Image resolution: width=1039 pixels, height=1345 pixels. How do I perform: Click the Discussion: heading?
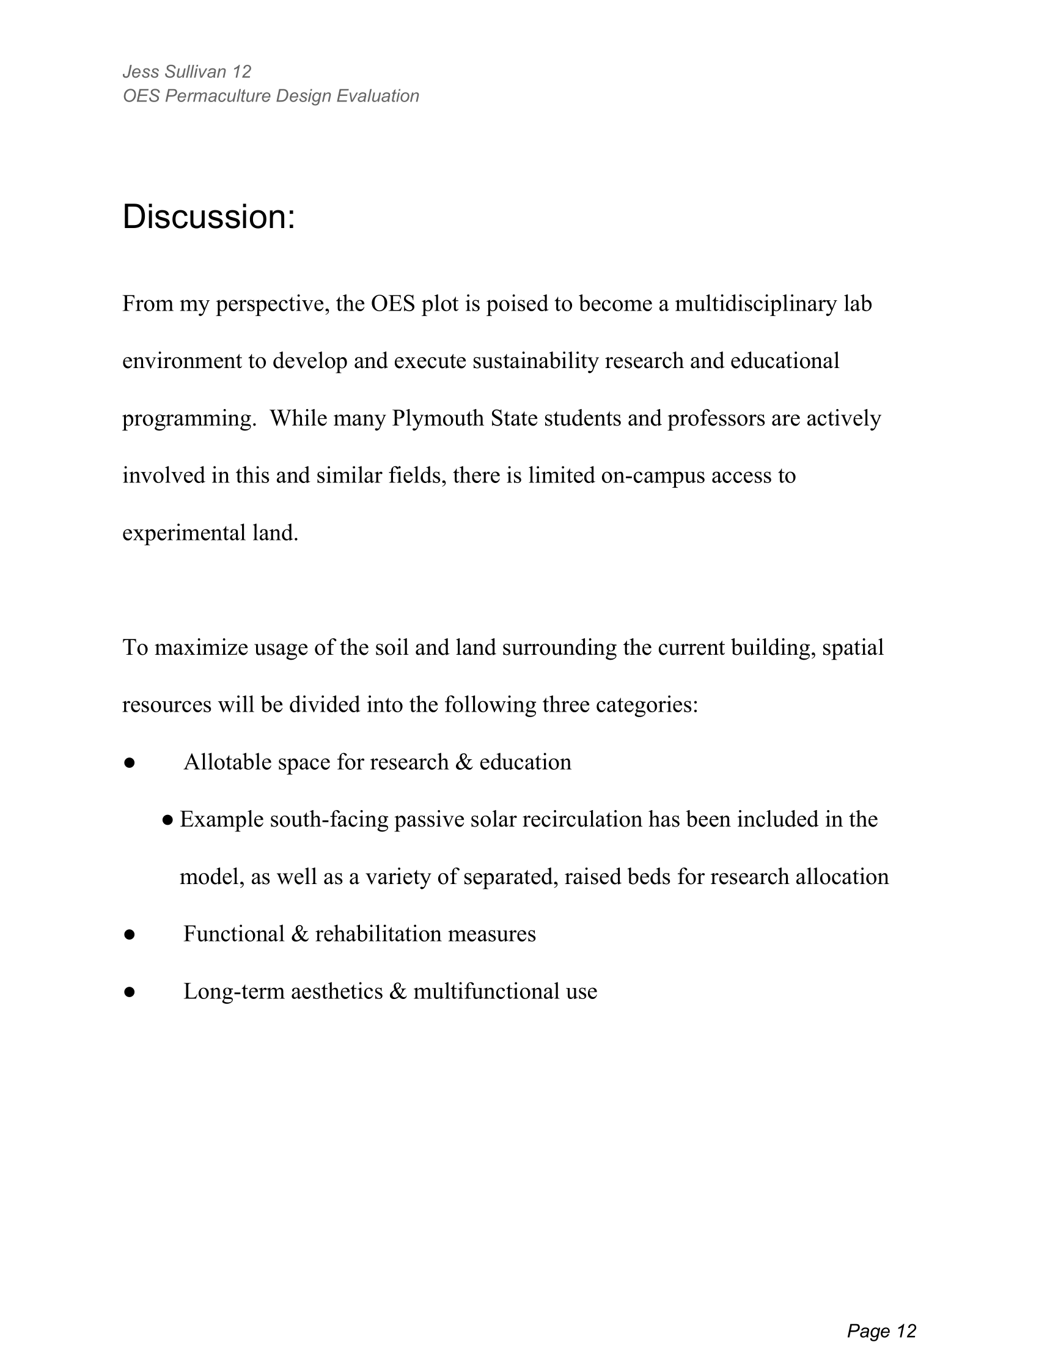208,218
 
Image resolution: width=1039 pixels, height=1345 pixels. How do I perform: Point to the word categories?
646,705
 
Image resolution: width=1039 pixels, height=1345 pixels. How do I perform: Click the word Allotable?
227,762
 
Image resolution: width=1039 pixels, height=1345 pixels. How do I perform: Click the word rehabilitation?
378,934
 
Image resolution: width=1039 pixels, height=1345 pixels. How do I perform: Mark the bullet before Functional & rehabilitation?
129,935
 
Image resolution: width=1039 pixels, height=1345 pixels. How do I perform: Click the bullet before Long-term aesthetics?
129,992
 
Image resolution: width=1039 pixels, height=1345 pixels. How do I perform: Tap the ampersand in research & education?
463,762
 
